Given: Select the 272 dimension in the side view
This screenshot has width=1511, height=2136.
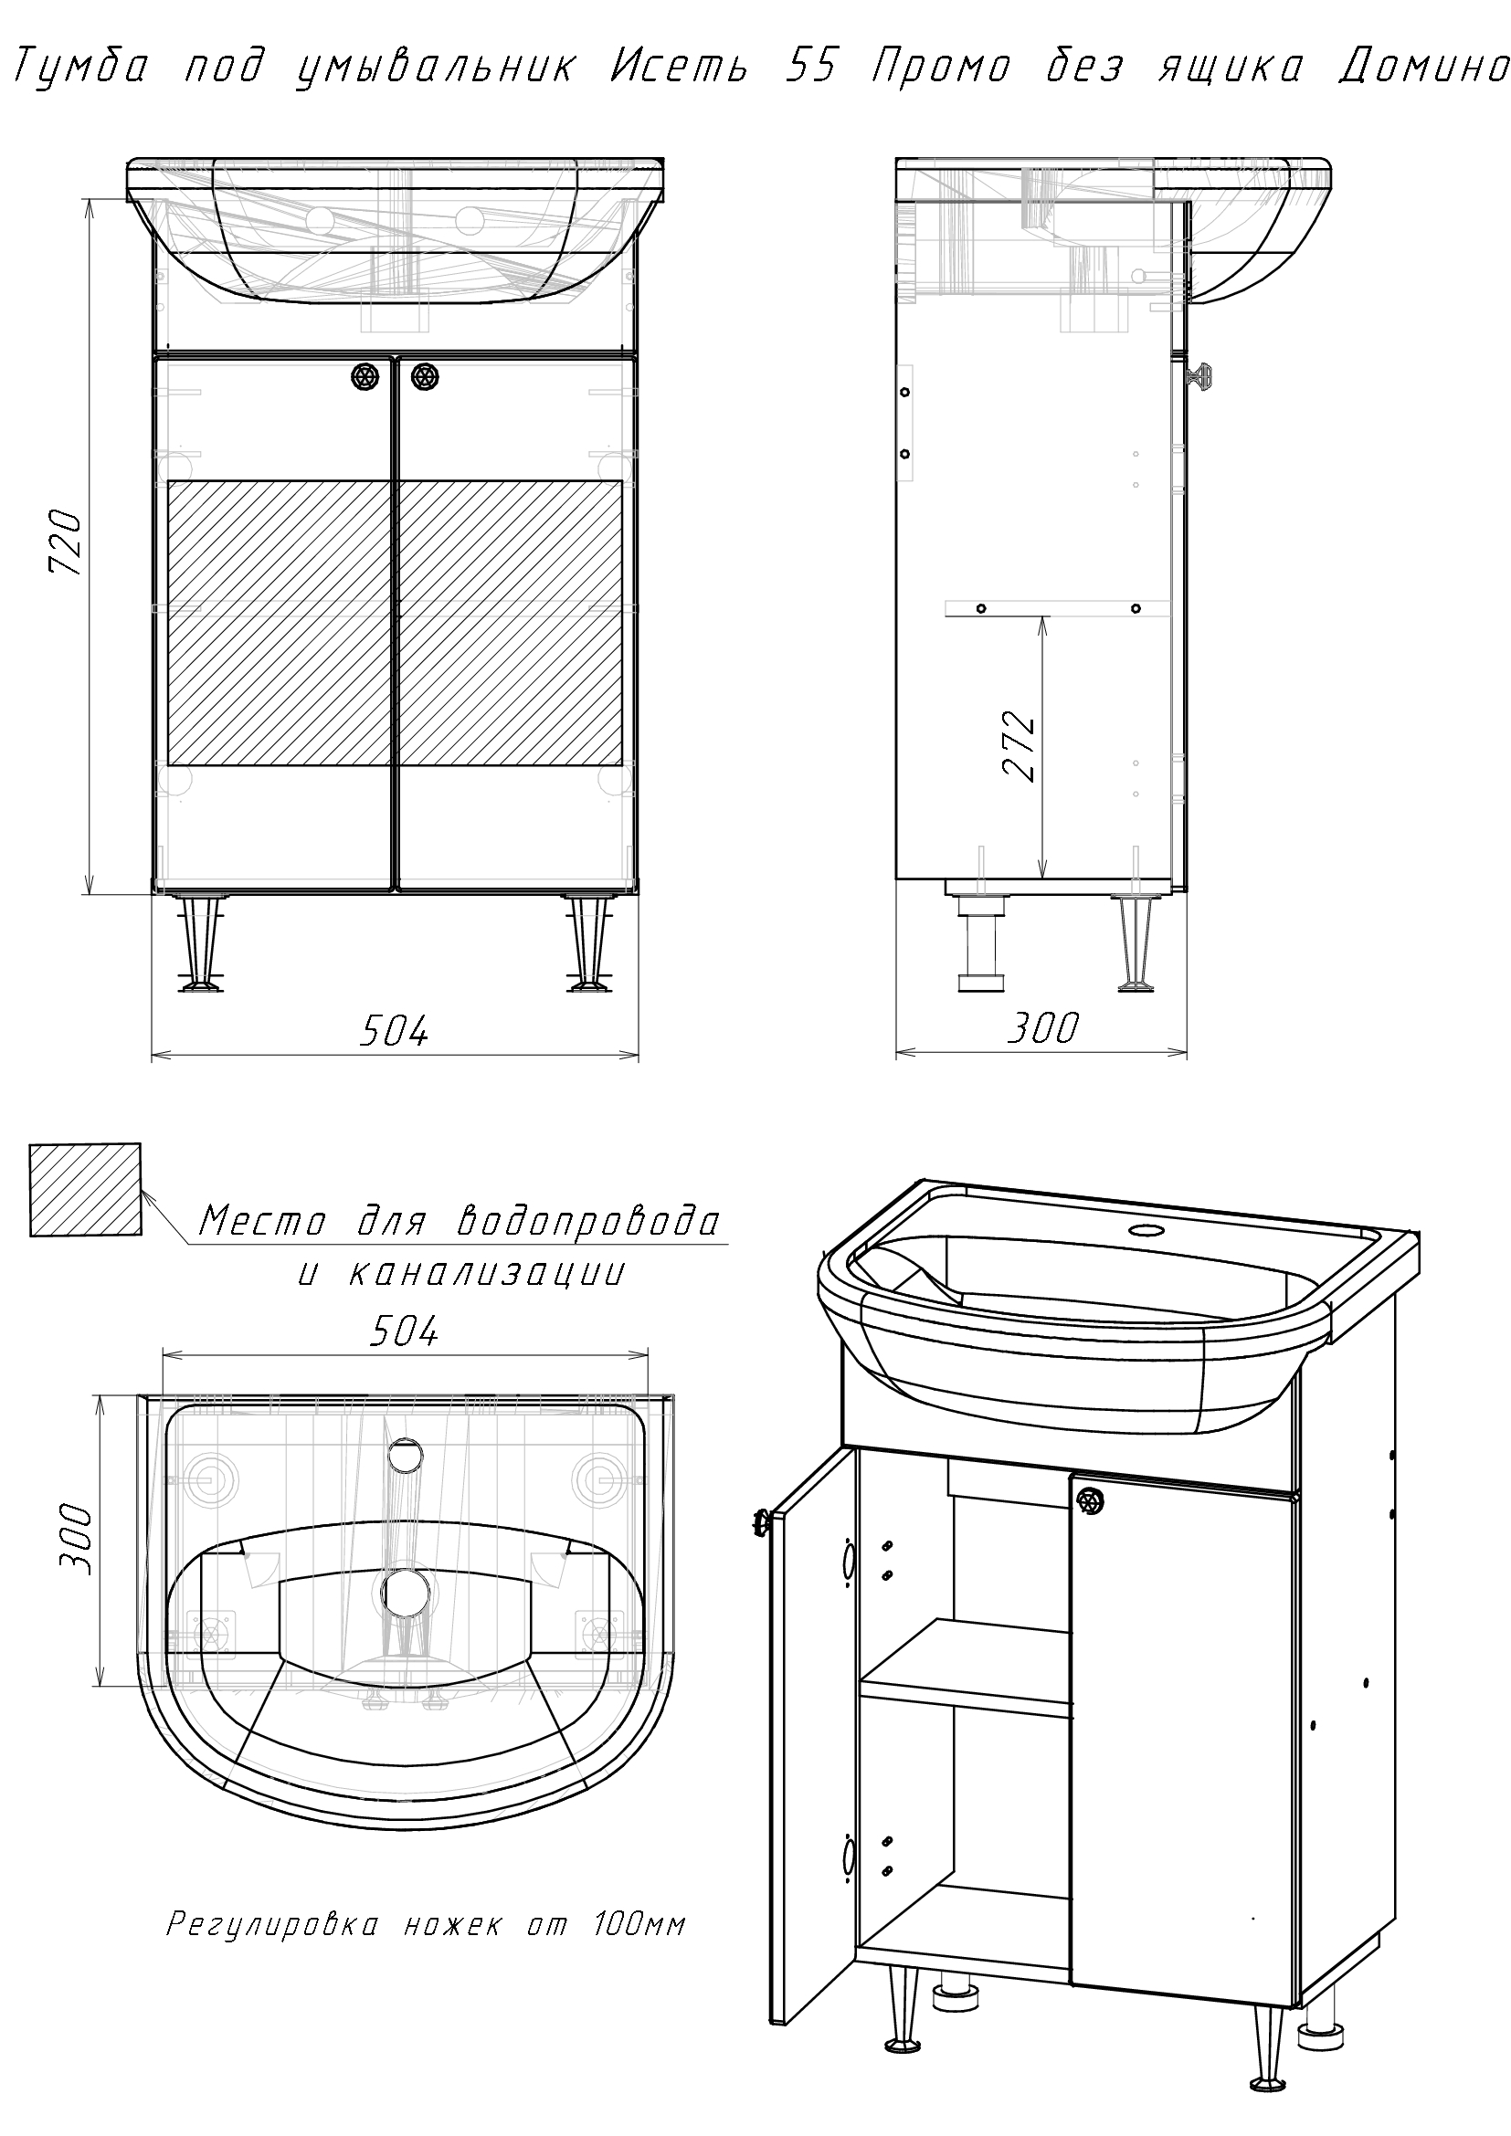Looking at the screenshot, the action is pyautogui.click(x=1020, y=747).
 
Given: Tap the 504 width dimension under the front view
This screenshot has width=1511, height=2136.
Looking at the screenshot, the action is pyautogui.click(x=395, y=1030).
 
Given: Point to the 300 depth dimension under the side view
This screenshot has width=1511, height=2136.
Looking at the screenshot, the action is pyautogui.click(x=1043, y=1028).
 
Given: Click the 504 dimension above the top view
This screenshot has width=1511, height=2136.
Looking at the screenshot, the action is pyautogui.click(x=404, y=1332).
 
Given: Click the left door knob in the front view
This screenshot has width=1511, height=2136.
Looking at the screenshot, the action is pyautogui.click(x=365, y=376).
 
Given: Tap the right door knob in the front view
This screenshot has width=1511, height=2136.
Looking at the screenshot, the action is pyautogui.click(x=424, y=376).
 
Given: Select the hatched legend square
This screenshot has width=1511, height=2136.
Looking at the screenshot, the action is pyautogui.click(x=86, y=1190).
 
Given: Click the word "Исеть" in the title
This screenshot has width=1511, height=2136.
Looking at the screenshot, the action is pyautogui.click(x=678, y=68).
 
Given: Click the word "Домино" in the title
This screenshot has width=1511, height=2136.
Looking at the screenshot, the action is pyautogui.click(x=1422, y=68).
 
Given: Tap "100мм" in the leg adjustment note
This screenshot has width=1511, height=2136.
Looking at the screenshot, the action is pyautogui.click(x=639, y=1924).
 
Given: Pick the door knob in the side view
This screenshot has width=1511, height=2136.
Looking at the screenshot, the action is pyautogui.click(x=1200, y=376).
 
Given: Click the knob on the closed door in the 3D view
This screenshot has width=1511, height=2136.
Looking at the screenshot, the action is pyautogui.click(x=1090, y=1499).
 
